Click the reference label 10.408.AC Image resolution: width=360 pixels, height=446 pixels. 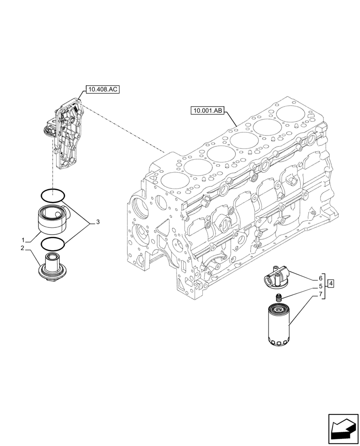tap(103, 90)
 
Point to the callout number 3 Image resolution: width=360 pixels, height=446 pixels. tap(98, 222)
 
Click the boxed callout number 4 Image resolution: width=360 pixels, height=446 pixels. tap(331, 283)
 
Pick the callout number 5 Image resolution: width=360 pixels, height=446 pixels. tap(320, 286)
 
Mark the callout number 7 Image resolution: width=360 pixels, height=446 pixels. tap(320, 294)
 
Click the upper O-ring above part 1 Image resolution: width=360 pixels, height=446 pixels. tap(52, 194)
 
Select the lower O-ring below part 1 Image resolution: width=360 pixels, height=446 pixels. tap(52, 244)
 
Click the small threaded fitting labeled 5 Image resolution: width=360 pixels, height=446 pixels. tap(279, 297)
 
